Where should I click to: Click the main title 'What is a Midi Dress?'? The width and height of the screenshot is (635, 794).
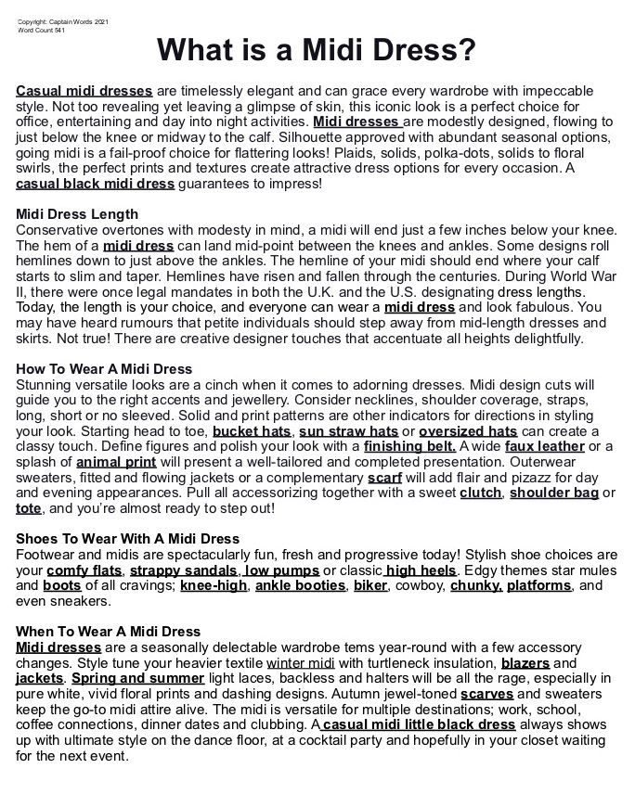[317, 49]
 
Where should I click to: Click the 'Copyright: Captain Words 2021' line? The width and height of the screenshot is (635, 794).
[63, 22]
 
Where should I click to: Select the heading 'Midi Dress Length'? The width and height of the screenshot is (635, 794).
[77, 214]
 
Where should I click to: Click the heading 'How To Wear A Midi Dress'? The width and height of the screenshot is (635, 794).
[104, 369]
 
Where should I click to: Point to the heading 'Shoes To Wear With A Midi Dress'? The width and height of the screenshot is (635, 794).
[127, 539]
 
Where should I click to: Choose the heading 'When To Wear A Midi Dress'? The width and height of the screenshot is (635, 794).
[108, 632]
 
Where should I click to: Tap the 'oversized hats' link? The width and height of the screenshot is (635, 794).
[468, 431]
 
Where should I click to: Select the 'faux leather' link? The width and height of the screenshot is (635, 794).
[544, 446]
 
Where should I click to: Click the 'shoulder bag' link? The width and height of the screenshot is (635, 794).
[554, 493]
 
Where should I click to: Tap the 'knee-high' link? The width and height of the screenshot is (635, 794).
[214, 585]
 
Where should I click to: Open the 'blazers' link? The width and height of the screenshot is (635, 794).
[525, 663]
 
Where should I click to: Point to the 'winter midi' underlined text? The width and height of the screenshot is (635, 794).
[298, 663]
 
